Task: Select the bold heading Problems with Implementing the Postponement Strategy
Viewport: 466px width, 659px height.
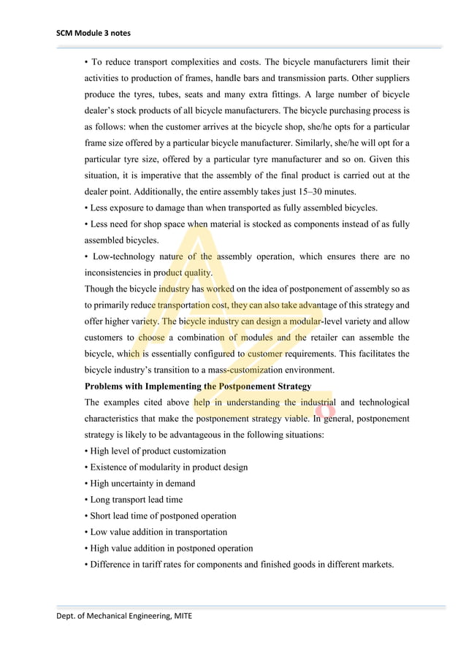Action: click(x=198, y=386)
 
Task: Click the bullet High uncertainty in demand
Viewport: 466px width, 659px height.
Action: click(x=140, y=483)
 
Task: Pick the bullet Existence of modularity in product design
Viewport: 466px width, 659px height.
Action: click(x=167, y=467)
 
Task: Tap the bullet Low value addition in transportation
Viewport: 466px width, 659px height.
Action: click(x=156, y=532)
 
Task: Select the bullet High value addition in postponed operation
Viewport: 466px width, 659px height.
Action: click(x=169, y=548)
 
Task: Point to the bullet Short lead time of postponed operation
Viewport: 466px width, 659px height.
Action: click(x=161, y=516)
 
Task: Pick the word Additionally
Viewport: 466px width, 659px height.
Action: click(x=140, y=191)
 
